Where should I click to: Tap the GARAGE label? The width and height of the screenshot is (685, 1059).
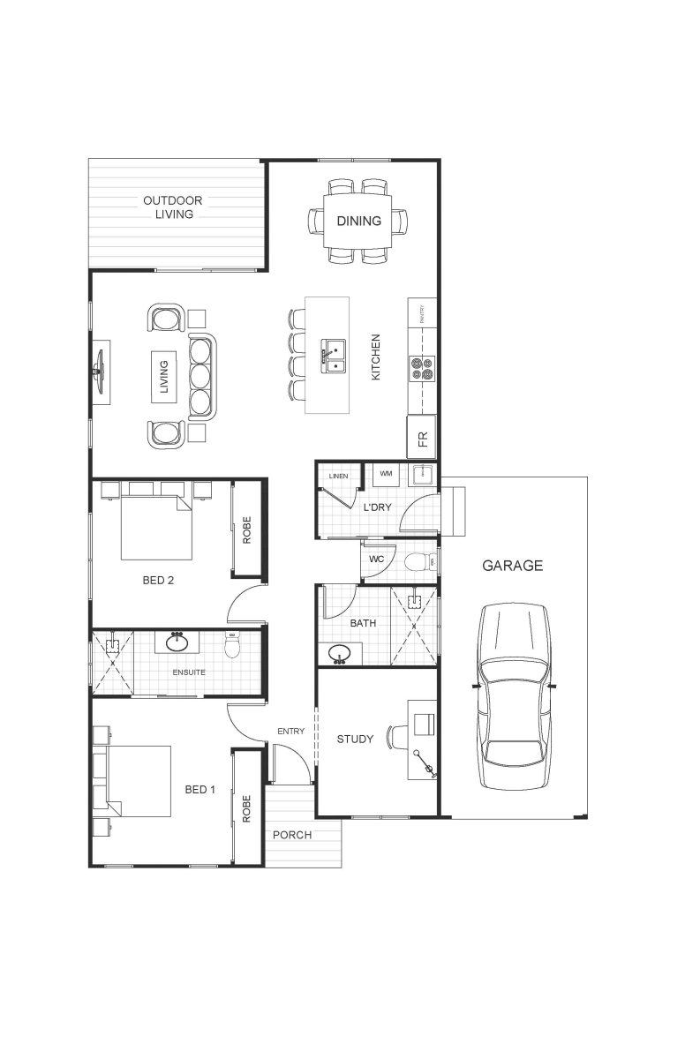pyautogui.click(x=512, y=566)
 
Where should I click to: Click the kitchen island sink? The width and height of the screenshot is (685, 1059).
pyautogui.click(x=334, y=355)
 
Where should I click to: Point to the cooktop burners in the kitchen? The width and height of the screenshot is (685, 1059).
pyautogui.click(x=422, y=367)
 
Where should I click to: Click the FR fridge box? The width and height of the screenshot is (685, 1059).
pyautogui.click(x=422, y=439)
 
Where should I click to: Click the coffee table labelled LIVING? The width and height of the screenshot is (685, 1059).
pyautogui.click(x=163, y=376)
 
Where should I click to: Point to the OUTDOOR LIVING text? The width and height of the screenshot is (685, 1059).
pyautogui.click(x=173, y=207)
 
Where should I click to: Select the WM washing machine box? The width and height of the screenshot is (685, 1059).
pyautogui.click(x=386, y=475)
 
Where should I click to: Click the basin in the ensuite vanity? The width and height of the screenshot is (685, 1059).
pyautogui.click(x=177, y=642)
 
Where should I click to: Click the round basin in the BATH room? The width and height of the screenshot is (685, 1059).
pyautogui.click(x=340, y=654)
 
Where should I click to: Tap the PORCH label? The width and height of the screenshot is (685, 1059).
pyautogui.click(x=291, y=835)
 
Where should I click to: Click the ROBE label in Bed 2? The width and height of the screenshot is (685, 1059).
pyautogui.click(x=247, y=529)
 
